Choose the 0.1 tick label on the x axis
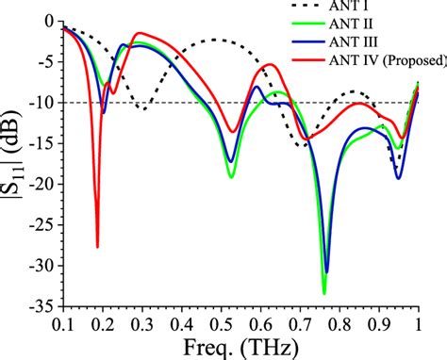pyautogui.click(x=63, y=323)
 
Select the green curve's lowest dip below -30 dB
pyautogui.click(x=323, y=293)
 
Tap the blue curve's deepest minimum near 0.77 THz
pyautogui.click(x=327, y=272)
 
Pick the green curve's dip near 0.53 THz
pyautogui.click(x=231, y=176)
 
